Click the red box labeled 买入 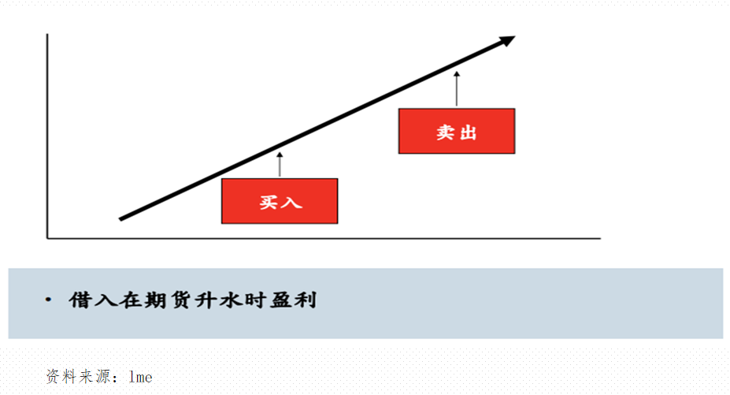pyautogui.click(x=280, y=200)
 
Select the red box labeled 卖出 pyautogui.click(x=457, y=131)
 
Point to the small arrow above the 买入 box pyautogui.click(x=280, y=163)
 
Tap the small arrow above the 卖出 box pyautogui.click(x=457, y=88)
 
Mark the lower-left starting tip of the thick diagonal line pyautogui.click(x=121, y=218)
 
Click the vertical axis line pyautogui.click(x=48, y=134)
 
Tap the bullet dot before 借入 pyautogui.click(x=50, y=300)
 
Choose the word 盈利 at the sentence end pyautogui.click(x=293, y=300)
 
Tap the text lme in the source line pyautogui.click(x=141, y=377)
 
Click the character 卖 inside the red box pyautogui.click(x=447, y=132)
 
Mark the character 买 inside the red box pyautogui.click(x=269, y=201)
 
